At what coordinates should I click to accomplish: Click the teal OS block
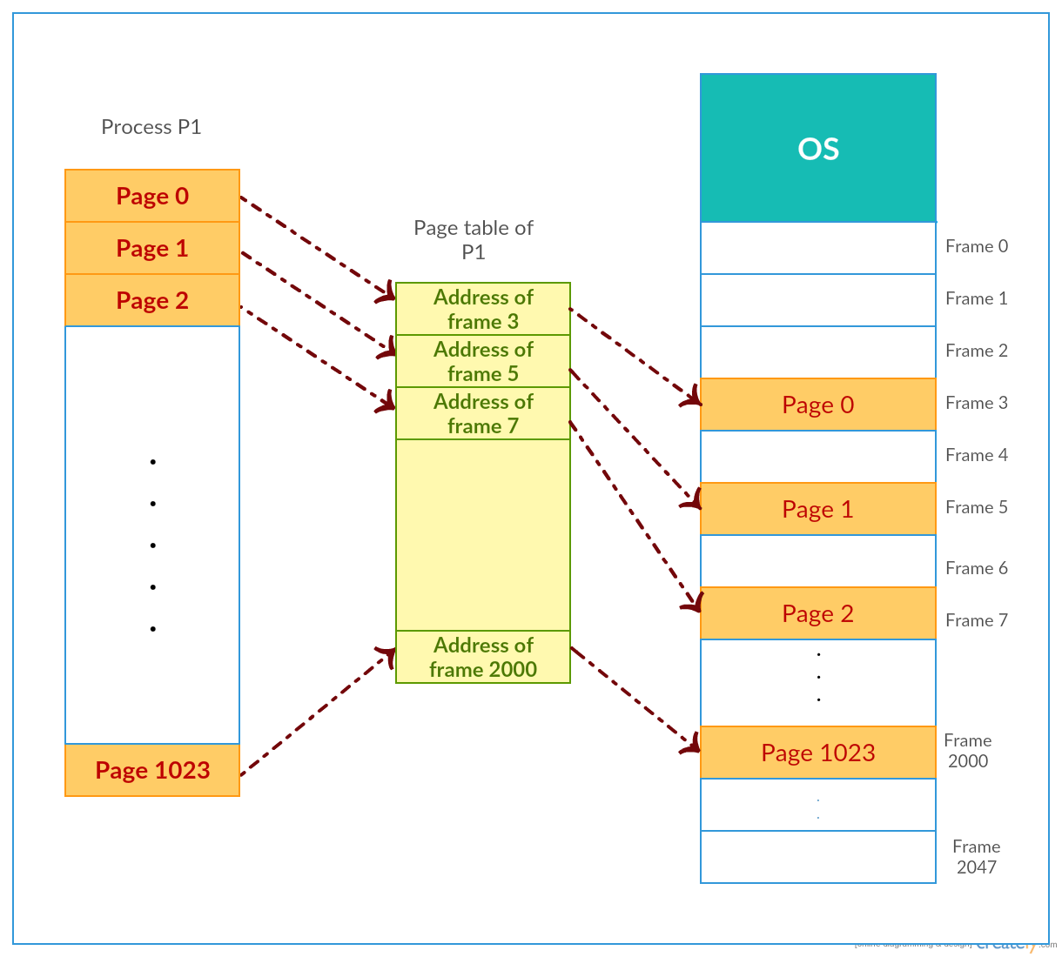(817, 148)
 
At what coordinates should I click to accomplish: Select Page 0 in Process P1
(152, 196)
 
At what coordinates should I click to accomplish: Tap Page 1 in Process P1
(152, 248)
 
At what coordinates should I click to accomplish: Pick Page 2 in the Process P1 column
(152, 300)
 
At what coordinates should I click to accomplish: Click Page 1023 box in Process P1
(152, 770)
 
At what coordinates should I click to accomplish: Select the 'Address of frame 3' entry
(483, 309)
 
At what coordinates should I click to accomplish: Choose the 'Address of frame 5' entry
(483, 361)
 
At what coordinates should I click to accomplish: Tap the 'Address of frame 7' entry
(483, 413)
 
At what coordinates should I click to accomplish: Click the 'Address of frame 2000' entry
(483, 657)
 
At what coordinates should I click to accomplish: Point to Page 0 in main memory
(817, 405)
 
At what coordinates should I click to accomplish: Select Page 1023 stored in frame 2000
(817, 753)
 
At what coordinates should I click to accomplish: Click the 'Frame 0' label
(977, 246)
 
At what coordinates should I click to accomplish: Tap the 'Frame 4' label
(977, 455)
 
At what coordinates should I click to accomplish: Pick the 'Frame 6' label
(977, 568)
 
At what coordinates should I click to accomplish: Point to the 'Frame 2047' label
(976, 857)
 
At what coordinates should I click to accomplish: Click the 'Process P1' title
(151, 127)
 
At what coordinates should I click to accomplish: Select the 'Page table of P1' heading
(474, 239)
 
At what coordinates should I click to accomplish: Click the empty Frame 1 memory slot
(817, 300)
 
